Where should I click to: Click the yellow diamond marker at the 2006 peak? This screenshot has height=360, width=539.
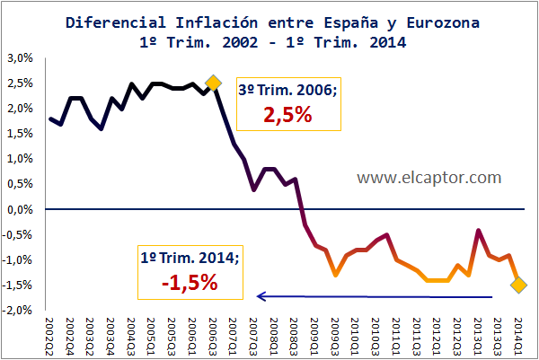tap(213, 83)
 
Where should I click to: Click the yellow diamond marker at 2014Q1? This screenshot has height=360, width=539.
tap(519, 285)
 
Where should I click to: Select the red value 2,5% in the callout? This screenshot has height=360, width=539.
tap(287, 117)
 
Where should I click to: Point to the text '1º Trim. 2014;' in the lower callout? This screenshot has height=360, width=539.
tap(190, 257)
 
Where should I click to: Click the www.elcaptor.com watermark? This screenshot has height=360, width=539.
tap(429, 178)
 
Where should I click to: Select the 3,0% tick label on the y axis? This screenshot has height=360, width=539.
tap(20, 58)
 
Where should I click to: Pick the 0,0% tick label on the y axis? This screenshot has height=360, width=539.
tap(20, 209)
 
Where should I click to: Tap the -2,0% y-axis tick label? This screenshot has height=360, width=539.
tap(18, 311)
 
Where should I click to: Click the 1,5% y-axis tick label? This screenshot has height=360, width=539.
tap(20, 134)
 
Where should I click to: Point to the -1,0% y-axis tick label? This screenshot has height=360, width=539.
tap(18, 260)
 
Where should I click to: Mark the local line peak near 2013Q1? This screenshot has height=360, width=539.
tap(479, 231)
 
